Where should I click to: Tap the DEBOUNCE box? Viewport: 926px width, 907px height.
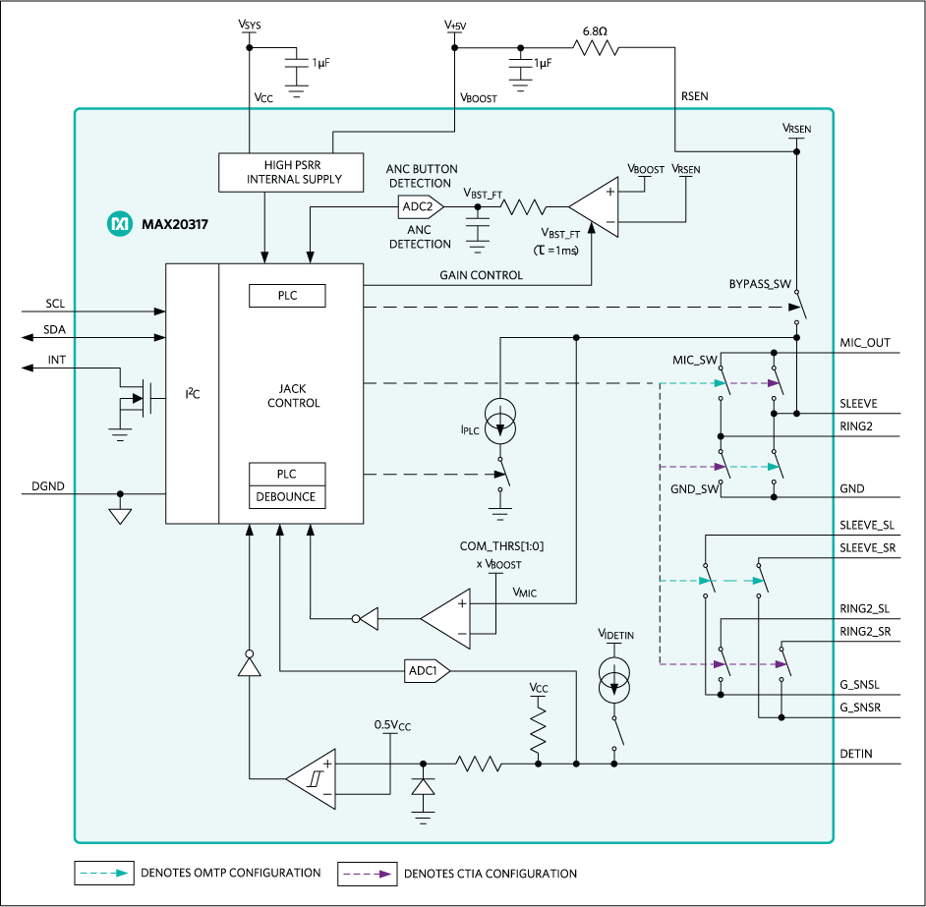(286, 497)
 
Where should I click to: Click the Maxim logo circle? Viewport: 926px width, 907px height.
(119, 225)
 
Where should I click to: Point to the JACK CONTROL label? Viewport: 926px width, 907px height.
(293, 396)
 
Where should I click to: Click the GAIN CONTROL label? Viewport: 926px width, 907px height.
(481, 275)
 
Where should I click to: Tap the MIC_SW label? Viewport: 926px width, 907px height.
(695, 360)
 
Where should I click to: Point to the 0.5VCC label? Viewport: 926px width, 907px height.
(392, 725)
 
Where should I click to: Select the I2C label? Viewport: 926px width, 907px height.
(193, 395)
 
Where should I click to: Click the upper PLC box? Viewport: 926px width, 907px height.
(286, 296)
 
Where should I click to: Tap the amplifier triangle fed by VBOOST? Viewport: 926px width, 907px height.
(596, 207)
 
